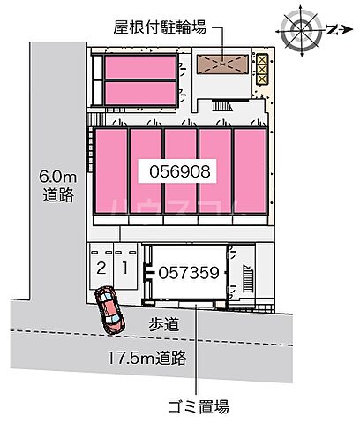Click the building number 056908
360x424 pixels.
181,172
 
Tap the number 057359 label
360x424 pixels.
189,274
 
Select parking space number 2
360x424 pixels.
101,268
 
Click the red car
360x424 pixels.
109,312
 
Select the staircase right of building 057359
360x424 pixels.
245,275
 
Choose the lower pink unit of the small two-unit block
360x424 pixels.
139,93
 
